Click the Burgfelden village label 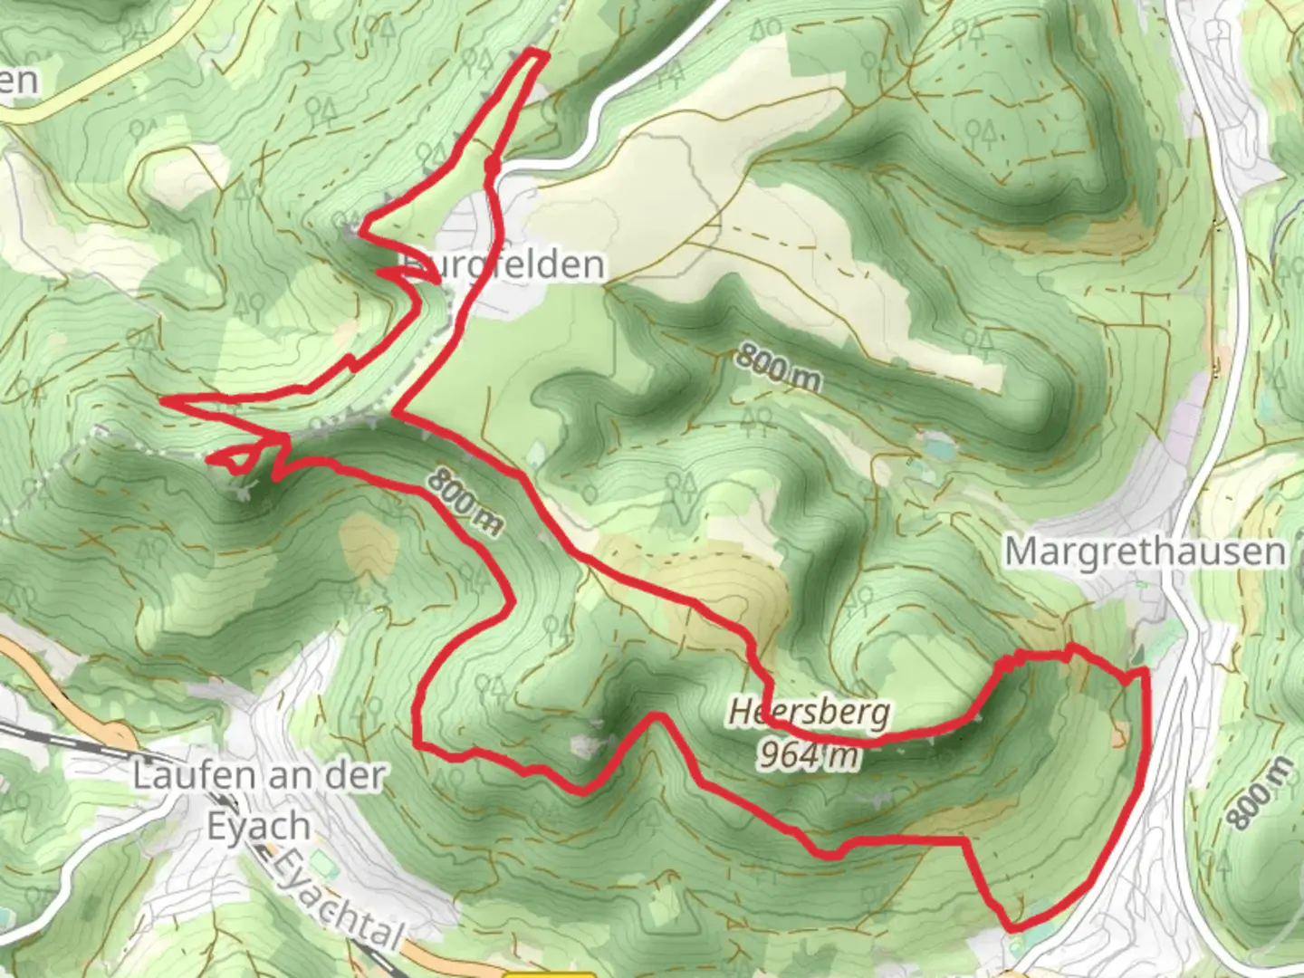503,264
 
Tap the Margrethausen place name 1145,551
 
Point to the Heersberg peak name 810,714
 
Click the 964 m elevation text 808,753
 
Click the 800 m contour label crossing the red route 464,499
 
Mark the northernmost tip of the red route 536,54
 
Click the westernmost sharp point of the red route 163,399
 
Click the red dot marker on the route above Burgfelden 492,166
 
